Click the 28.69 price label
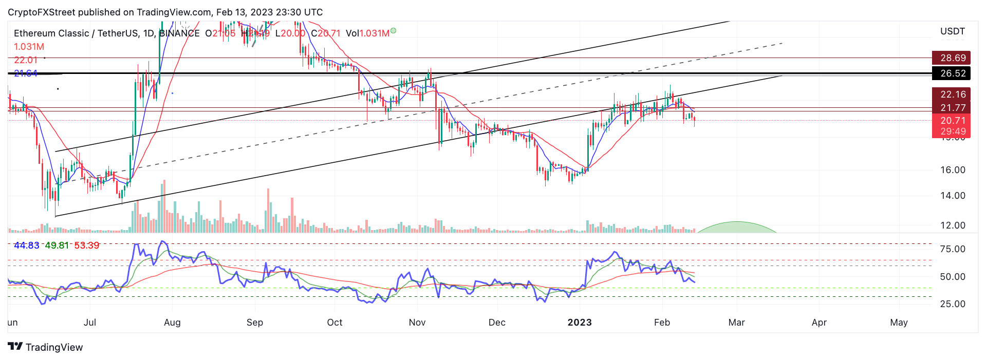tap(953, 58)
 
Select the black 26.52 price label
tap(953, 73)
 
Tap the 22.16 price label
tap(953, 94)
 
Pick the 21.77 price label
tap(953, 108)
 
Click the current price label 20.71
tap(953, 121)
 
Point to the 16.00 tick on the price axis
tap(953, 170)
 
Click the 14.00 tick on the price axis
tap(953, 196)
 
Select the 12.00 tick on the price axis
tap(953, 225)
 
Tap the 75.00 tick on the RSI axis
tap(952, 249)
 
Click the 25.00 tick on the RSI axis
tap(952, 304)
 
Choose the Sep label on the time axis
tap(255, 323)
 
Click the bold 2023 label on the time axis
tap(580, 323)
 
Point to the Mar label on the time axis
tap(736, 323)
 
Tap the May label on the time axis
tap(899, 323)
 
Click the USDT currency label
tap(952, 31)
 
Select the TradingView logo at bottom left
tap(45, 347)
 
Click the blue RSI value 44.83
tap(27, 245)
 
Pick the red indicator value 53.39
tap(87, 245)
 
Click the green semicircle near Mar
tap(737, 228)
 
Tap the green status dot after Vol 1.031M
tap(393, 31)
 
